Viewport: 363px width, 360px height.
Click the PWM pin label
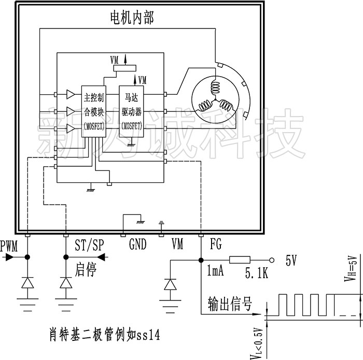pyautogui.click(x=9, y=246)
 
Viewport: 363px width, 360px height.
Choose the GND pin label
pyautogui.click(x=137, y=244)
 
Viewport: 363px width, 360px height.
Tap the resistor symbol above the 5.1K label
pyautogui.click(x=240, y=260)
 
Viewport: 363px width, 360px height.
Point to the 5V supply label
pyautogui.click(x=291, y=261)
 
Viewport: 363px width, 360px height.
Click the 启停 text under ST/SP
pyautogui.click(x=87, y=269)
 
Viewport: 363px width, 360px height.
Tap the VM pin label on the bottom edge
pyautogui.click(x=177, y=244)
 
